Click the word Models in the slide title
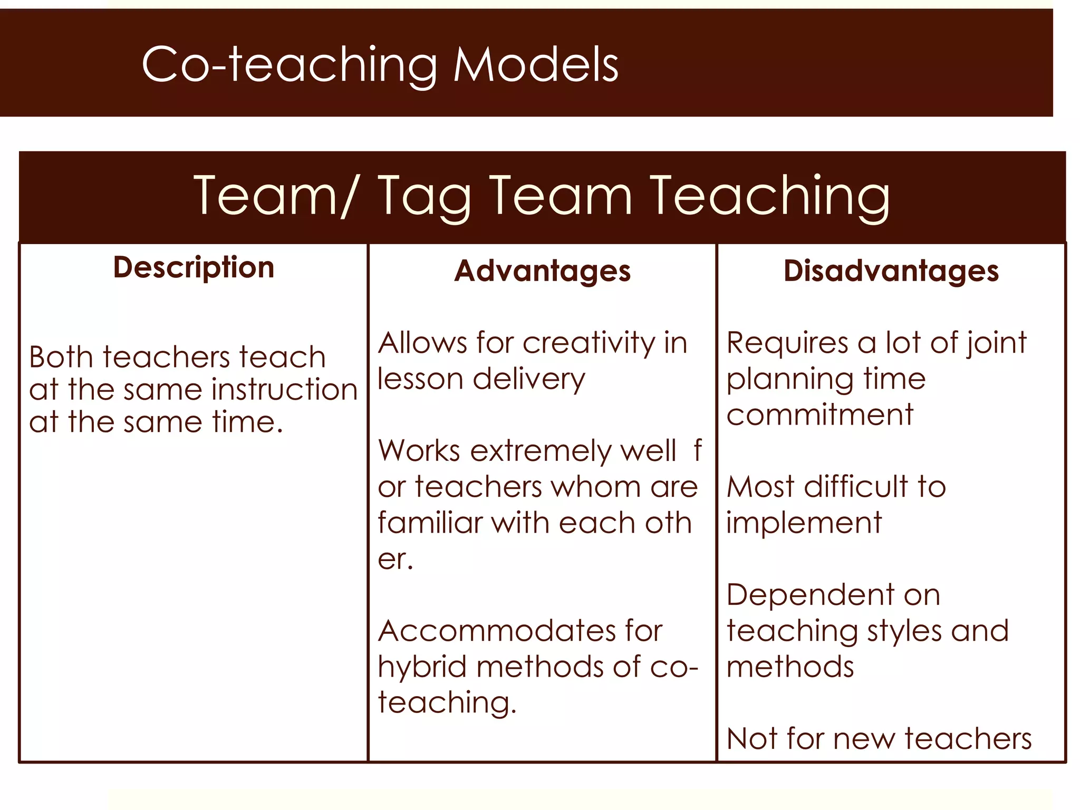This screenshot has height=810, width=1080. coord(536,64)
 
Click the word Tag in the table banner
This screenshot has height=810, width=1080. coord(425,197)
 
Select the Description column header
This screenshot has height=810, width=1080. coord(194,267)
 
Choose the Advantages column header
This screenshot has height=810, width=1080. coord(542,271)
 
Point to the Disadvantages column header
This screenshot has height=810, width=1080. coord(891,271)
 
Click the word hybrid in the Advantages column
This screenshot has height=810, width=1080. coord(422,667)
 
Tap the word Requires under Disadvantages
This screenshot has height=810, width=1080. coord(788,343)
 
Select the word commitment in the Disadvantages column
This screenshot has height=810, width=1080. coord(819,414)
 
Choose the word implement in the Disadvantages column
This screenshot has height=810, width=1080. coord(804,524)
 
